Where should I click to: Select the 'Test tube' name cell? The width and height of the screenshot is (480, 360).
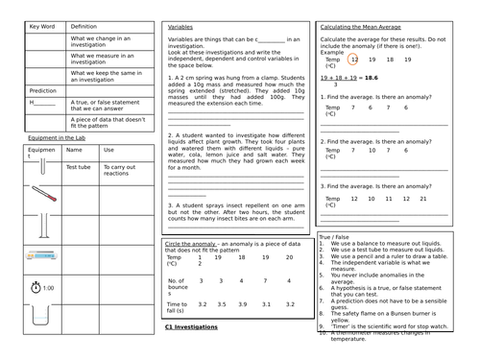(x=78, y=167)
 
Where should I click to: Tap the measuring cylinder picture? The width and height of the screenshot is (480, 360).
(x=41, y=227)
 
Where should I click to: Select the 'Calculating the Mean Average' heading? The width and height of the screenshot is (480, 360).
(x=363, y=26)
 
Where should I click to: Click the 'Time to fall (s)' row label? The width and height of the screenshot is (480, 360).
(x=176, y=306)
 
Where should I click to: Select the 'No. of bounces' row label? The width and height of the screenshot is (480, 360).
(x=176, y=285)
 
